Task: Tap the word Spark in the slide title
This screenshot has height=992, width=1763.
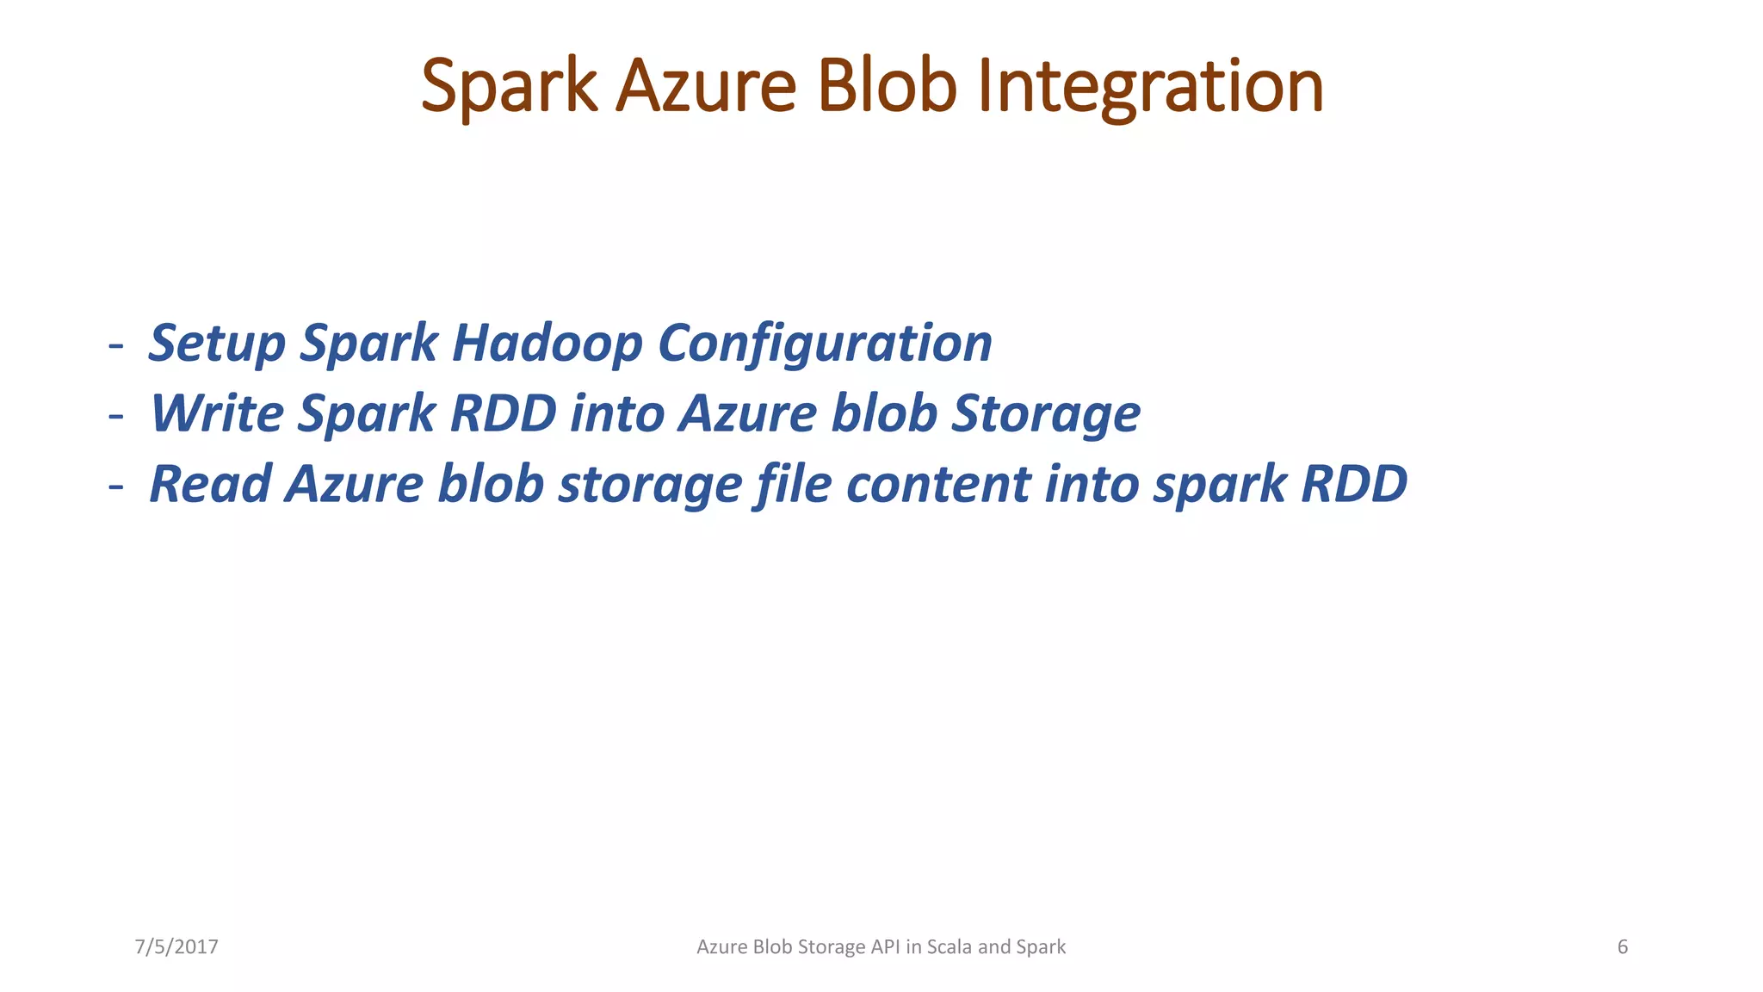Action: click(x=509, y=86)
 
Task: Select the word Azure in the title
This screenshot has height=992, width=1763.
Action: click(x=706, y=86)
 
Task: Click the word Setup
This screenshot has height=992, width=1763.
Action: click(x=216, y=343)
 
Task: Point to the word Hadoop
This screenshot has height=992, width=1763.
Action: click(x=547, y=343)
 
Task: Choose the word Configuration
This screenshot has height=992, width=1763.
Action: click(x=825, y=343)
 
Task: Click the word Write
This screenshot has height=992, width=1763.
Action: click(x=217, y=413)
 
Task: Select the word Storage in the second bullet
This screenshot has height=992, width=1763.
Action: click(x=1045, y=413)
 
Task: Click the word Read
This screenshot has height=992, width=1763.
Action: click(x=211, y=484)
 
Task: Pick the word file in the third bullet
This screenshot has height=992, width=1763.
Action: click(x=794, y=484)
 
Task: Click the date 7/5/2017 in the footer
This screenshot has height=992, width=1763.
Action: click(x=176, y=947)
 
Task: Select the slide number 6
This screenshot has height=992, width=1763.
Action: click(x=1623, y=947)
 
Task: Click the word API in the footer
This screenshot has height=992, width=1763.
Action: click(x=885, y=947)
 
